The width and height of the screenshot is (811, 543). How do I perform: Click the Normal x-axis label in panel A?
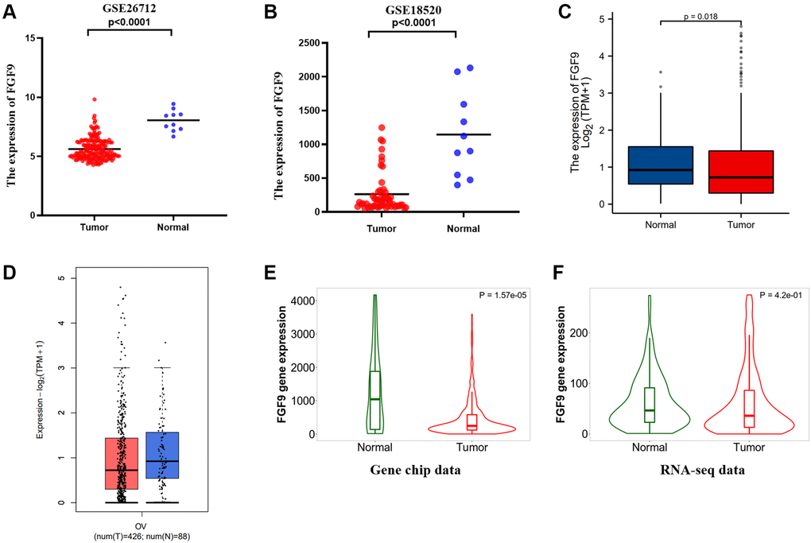(x=173, y=227)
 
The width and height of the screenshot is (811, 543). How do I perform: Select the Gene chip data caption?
(x=416, y=470)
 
